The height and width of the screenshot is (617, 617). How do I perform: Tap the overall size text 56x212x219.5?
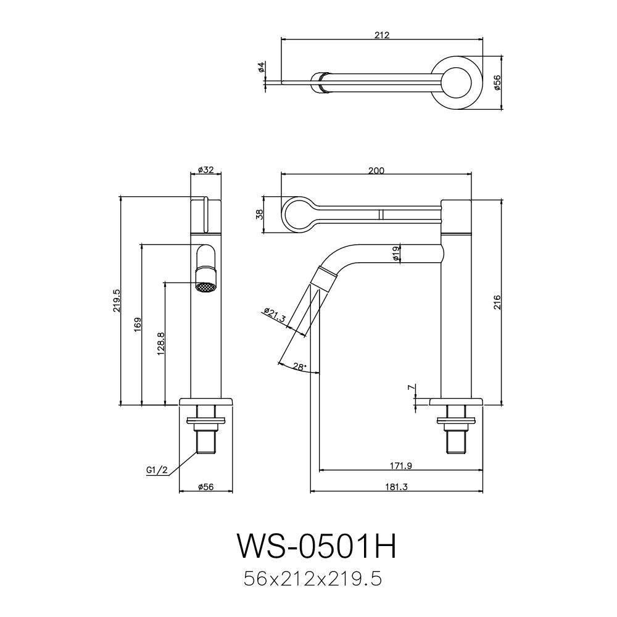tap(313, 579)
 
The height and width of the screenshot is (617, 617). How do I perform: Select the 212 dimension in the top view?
tap(381, 35)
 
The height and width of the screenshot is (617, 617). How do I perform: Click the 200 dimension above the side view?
tap(376, 171)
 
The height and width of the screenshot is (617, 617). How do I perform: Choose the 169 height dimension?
tap(138, 325)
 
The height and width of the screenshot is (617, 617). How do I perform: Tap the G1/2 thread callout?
tap(157, 470)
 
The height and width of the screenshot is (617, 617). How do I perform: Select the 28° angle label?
tap(299, 367)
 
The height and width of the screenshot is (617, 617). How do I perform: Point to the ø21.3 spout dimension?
tap(274, 315)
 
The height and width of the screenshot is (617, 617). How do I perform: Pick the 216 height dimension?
tap(497, 302)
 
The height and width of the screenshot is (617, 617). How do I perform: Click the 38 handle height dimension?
tap(260, 214)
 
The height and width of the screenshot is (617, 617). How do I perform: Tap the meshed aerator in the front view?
tap(205, 286)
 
